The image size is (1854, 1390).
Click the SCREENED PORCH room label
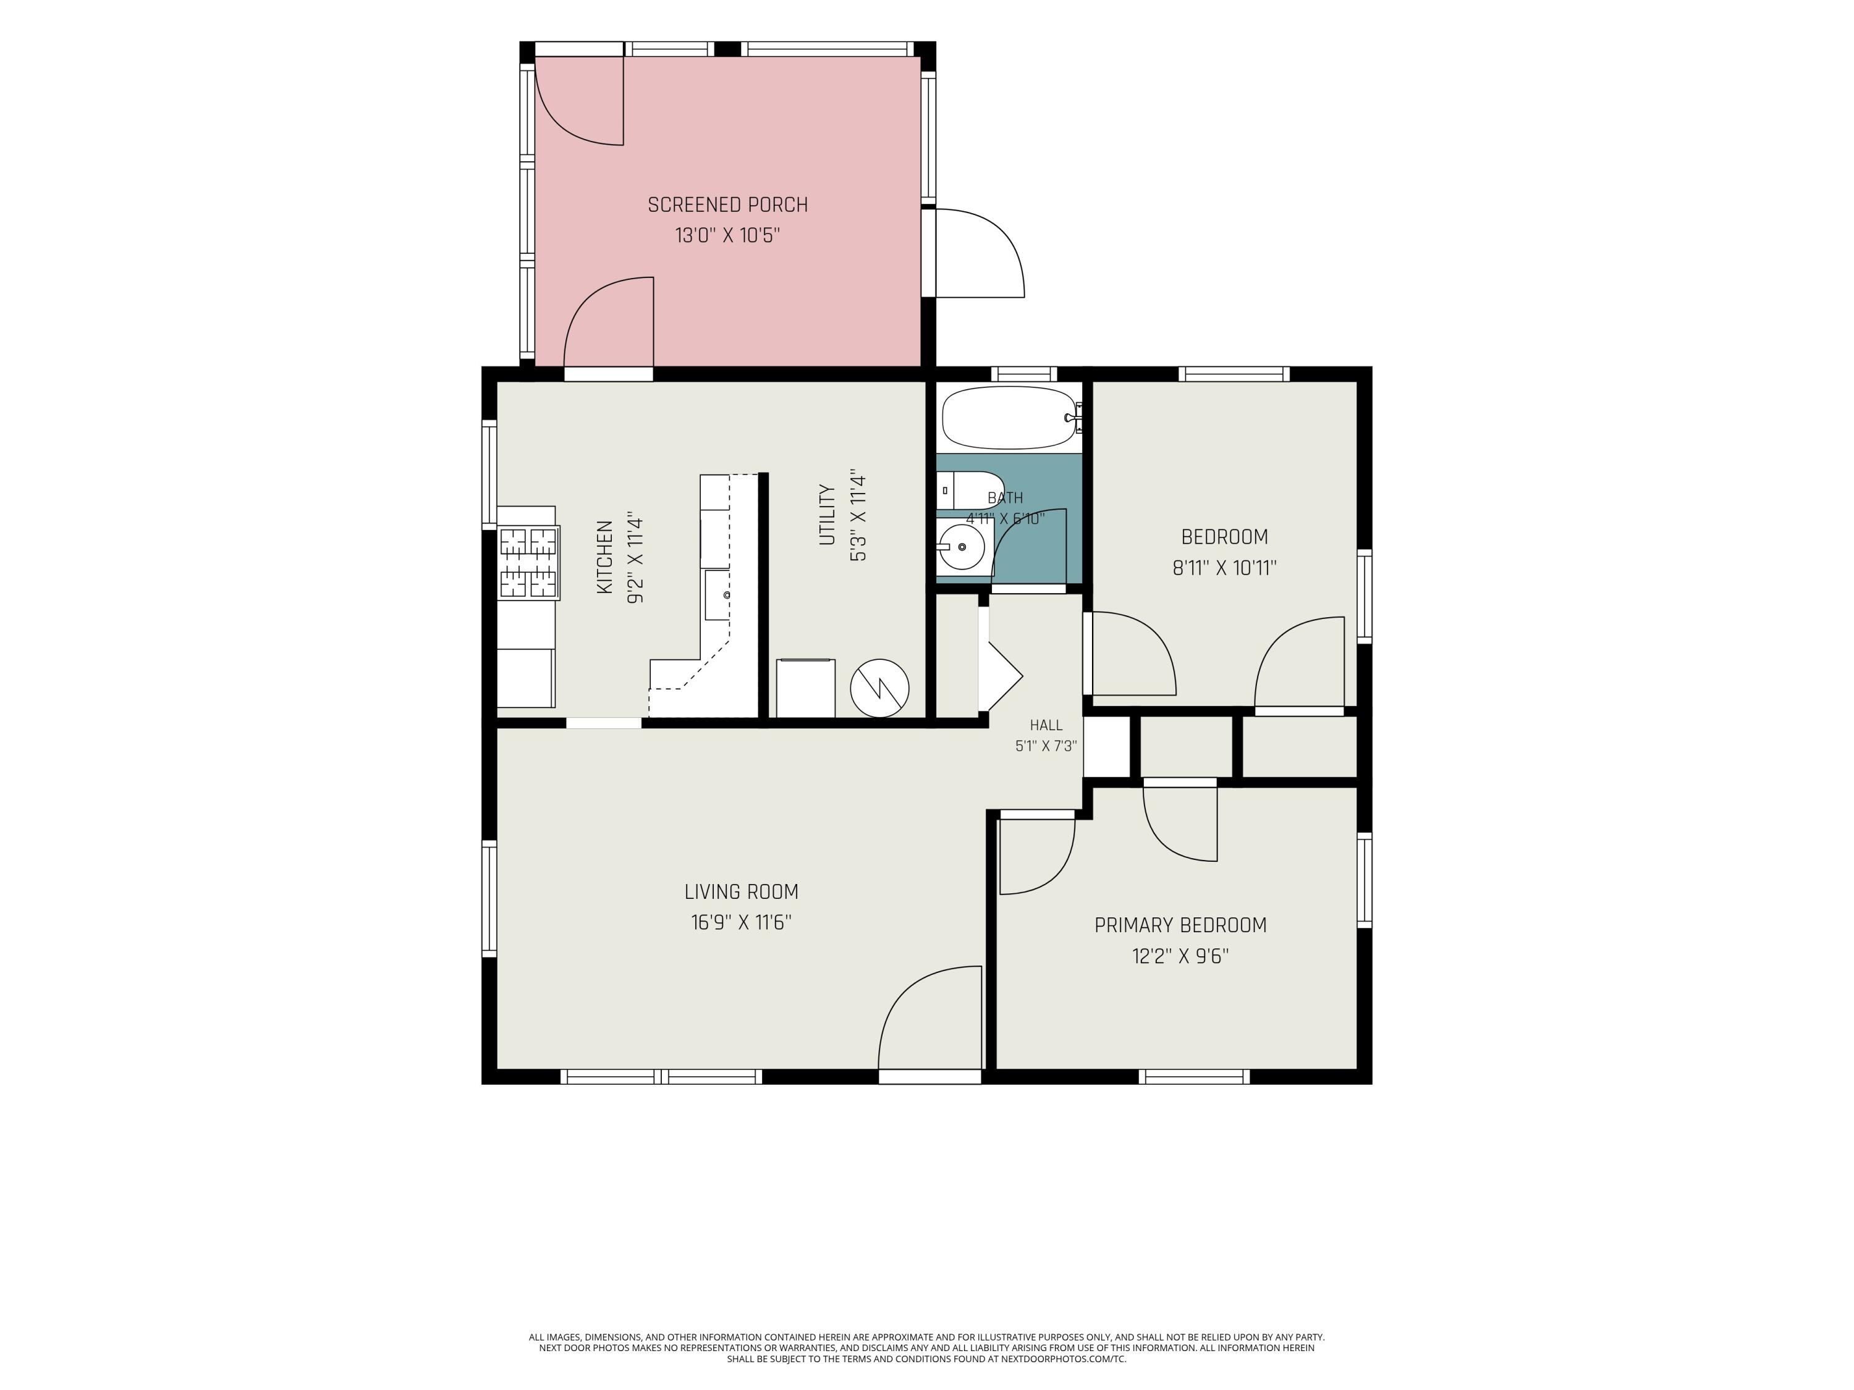point(727,205)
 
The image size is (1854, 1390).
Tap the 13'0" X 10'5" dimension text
point(727,235)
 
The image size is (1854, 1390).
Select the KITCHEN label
point(604,557)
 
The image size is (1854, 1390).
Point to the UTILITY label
point(828,515)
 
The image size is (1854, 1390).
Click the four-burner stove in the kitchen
point(529,562)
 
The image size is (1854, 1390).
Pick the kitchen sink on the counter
point(717,595)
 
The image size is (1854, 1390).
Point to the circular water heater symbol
point(879,688)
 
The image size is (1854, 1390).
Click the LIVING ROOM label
point(741,892)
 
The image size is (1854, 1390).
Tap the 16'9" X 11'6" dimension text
point(741,922)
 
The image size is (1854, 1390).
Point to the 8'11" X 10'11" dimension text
point(1224,568)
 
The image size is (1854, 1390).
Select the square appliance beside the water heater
point(805,689)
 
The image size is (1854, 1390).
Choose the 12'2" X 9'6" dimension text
point(1180,956)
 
